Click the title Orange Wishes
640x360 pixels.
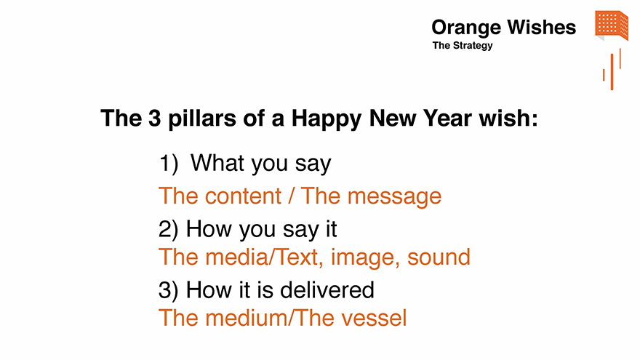(x=504, y=28)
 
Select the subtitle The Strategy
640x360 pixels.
(x=463, y=46)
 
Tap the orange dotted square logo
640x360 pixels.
(x=612, y=25)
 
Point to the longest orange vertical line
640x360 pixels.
(x=612, y=72)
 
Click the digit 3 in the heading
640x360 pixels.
(x=155, y=119)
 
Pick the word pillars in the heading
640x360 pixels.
(x=202, y=119)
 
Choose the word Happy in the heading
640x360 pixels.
(x=326, y=119)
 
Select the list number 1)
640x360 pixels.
(x=169, y=164)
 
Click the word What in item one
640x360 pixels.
(x=217, y=163)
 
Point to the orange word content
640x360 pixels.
(x=243, y=196)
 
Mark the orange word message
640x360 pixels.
(x=394, y=198)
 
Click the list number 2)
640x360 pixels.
(x=169, y=229)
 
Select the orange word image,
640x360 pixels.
(x=365, y=258)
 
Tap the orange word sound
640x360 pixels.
(x=439, y=257)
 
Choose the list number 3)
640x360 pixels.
(x=169, y=290)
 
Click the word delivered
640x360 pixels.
(x=327, y=289)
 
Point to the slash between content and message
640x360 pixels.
(x=291, y=196)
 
